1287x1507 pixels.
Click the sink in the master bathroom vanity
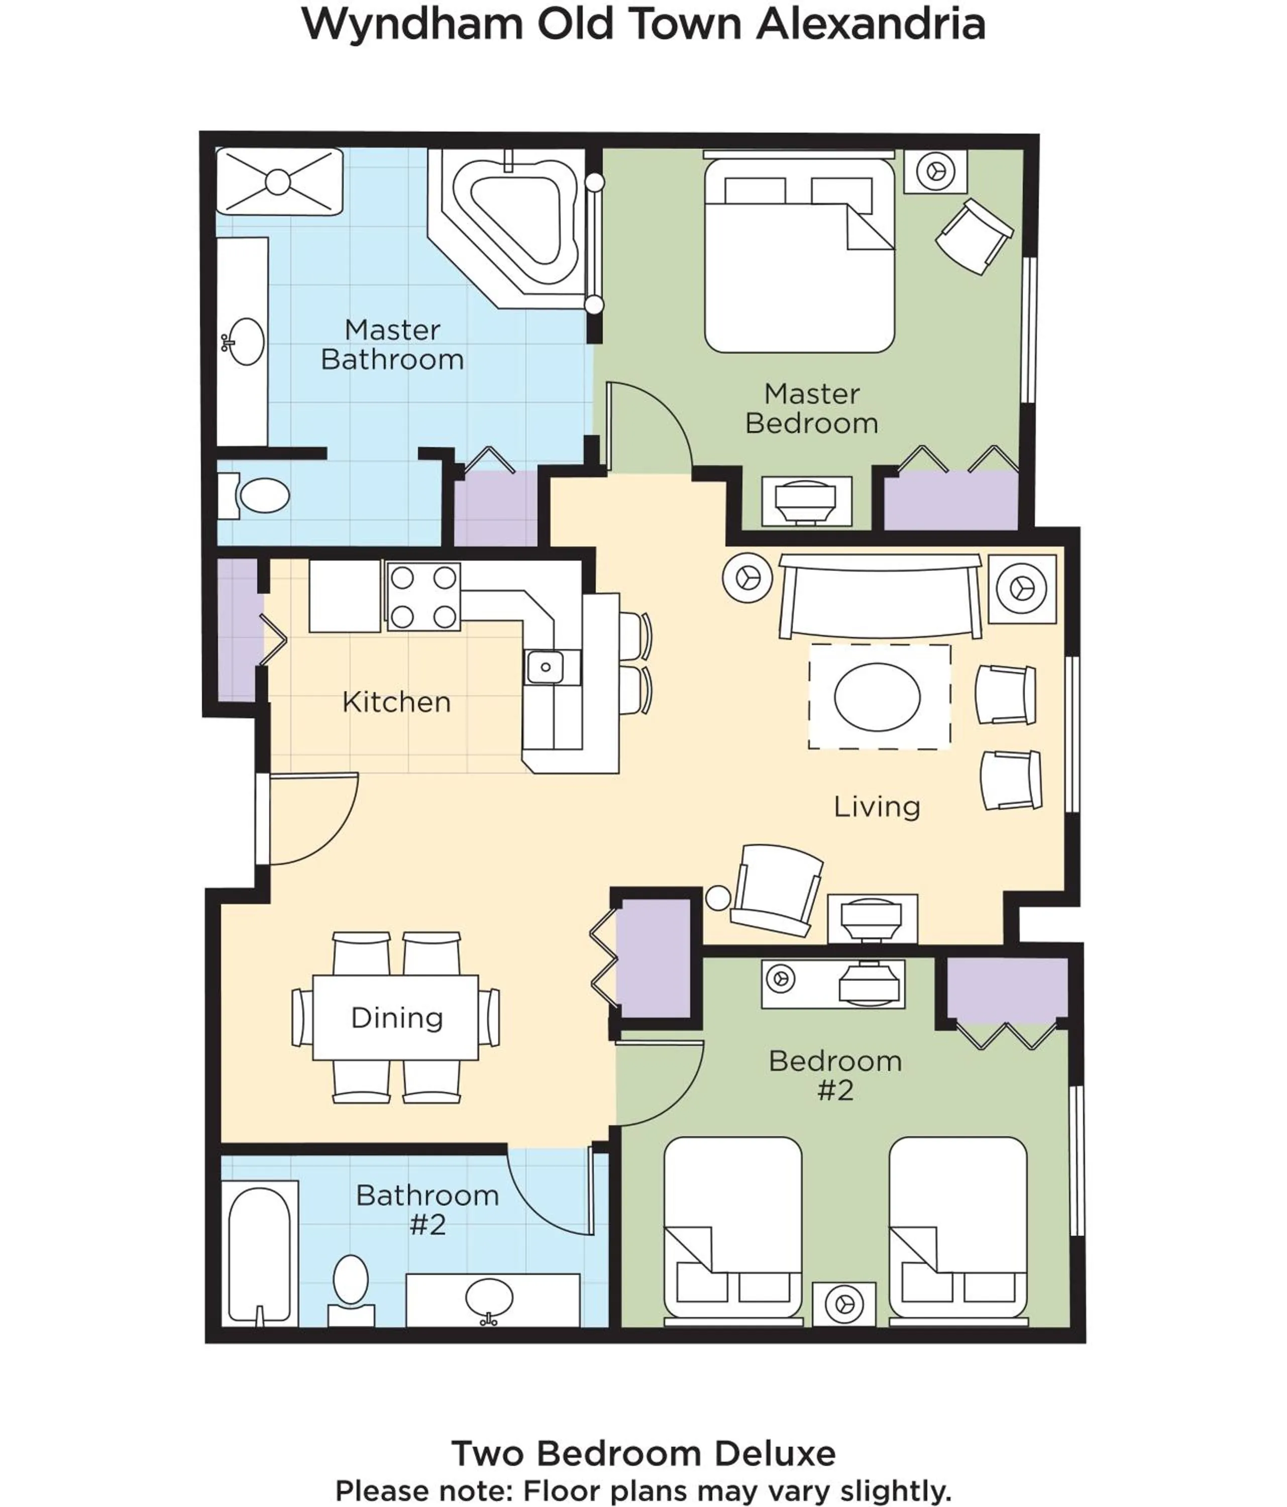click(x=245, y=341)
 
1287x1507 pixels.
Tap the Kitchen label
click(x=396, y=702)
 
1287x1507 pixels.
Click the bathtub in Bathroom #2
click(x=259, y=1253)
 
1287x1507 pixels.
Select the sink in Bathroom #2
click(x=489, y=1296)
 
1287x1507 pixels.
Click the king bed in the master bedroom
click(x=799, y=262)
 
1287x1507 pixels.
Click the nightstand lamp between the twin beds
click(x=844, y=1304)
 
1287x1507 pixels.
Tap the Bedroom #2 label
click(x=835, y=1075)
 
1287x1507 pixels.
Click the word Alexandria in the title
click(x=870, y=24)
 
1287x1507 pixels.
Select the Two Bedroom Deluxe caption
click(x=643, y=1453)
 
